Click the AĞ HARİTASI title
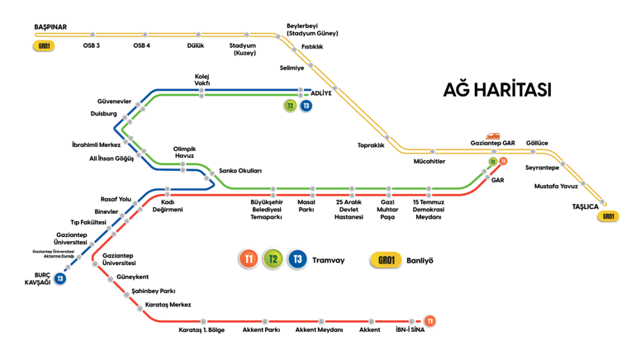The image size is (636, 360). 497,89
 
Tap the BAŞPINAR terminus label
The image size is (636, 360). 50,26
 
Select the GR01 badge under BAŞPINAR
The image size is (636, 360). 44,45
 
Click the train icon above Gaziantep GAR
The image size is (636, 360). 493,135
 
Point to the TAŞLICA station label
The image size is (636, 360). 586,206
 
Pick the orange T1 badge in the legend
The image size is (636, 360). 249,258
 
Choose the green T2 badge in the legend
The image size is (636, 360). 273,258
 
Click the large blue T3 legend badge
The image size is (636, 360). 297,258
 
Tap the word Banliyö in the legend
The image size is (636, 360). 420,260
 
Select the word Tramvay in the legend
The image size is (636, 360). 328,260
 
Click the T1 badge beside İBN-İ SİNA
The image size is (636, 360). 430,321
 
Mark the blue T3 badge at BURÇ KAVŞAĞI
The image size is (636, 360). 60,278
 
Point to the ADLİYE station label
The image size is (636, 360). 321,93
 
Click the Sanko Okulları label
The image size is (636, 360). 240,171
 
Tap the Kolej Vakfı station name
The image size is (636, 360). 202,80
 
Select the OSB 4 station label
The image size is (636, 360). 141,45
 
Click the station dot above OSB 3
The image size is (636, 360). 93,35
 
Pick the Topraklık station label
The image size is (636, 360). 371,145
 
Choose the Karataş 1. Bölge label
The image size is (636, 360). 202,330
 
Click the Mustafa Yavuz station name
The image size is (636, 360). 556,186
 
